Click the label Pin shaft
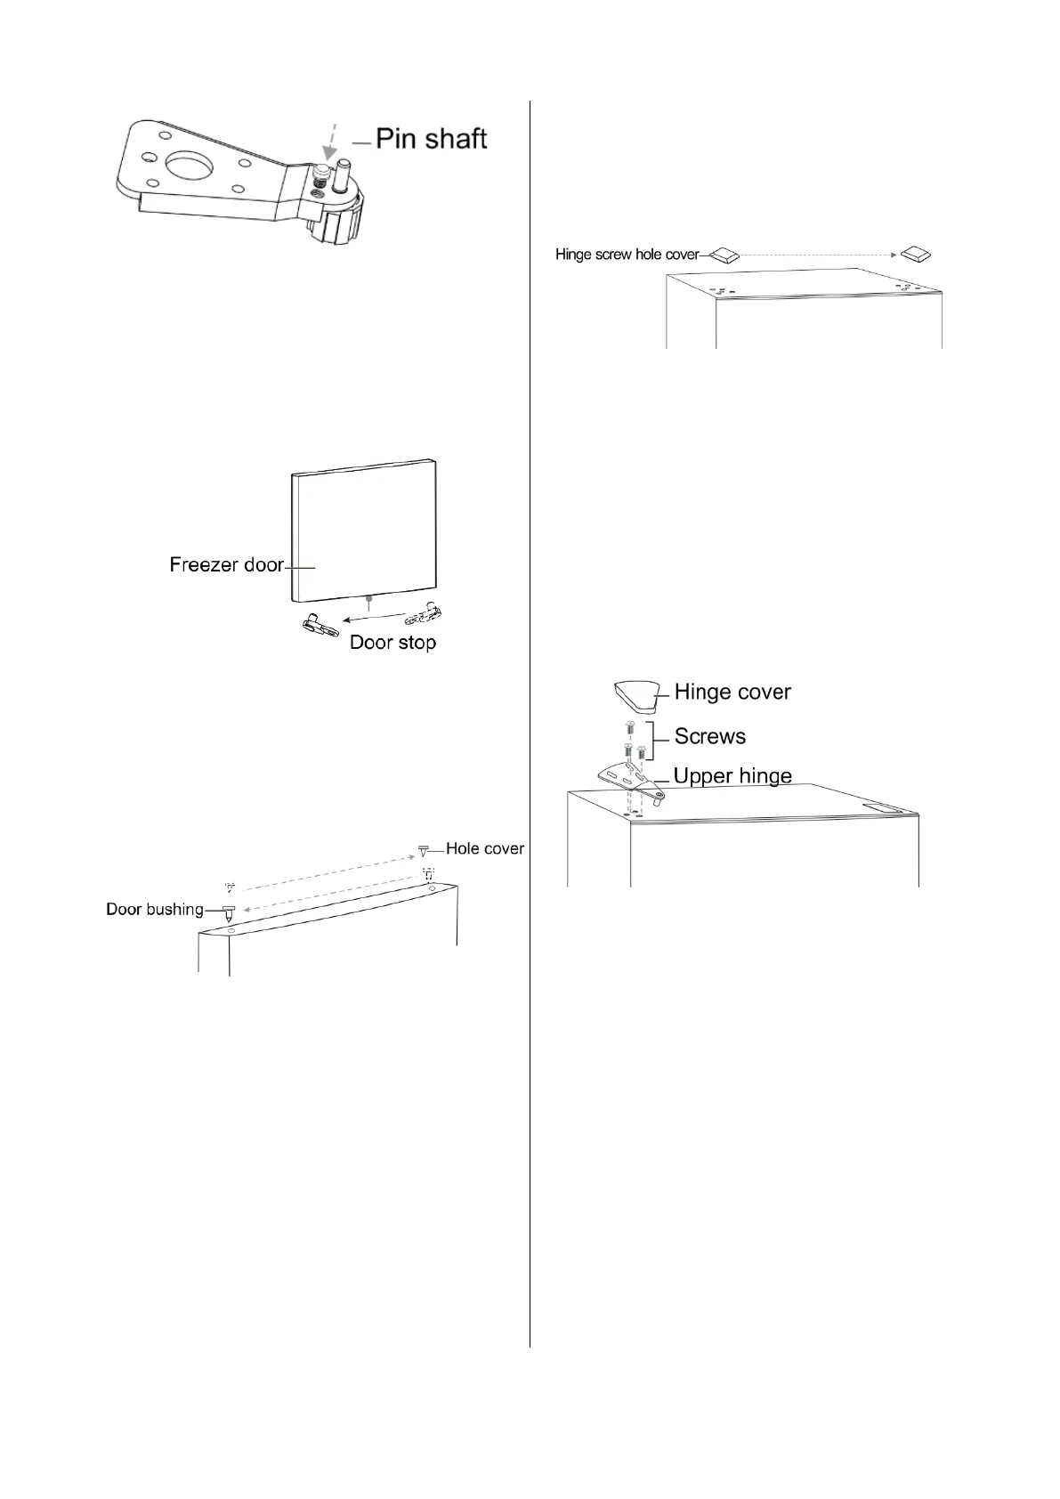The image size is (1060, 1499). pos(431,139)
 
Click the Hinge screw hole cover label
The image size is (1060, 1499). pos(627,255)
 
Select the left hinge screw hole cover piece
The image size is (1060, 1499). pos(724,255)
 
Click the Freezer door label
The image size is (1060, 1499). pos(226,564)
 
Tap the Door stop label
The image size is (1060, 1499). pos(392,642)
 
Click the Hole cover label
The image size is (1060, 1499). pos(485,848)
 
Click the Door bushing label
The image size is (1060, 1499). pos(155,909)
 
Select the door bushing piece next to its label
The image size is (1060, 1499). pos(228,912)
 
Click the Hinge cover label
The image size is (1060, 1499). pos(732,692)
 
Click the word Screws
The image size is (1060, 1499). pos(709,736)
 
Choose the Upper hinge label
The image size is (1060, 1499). pos(732,775)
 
